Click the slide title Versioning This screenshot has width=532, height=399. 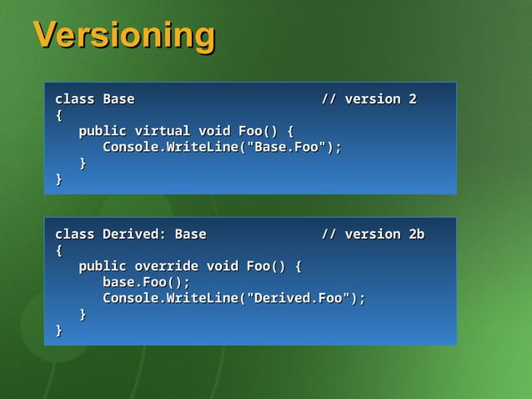(123, 36)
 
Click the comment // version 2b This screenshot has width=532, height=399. (373, 234)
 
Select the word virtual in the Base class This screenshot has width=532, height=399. (162, 131)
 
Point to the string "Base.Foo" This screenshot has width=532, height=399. (281, 148)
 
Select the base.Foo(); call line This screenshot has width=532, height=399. (146, 282)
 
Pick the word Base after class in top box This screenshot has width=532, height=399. (118, 99)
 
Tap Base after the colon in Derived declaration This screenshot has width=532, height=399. (190, 234)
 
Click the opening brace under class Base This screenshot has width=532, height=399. (58, 115)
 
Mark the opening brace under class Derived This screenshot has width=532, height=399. (58, 250)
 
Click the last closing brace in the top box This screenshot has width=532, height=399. (58, 179)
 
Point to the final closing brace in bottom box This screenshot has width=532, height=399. (58, 331)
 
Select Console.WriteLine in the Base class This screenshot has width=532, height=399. (166, 148)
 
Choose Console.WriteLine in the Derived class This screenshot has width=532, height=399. (166, 298)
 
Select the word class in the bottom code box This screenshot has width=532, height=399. (74, 234)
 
